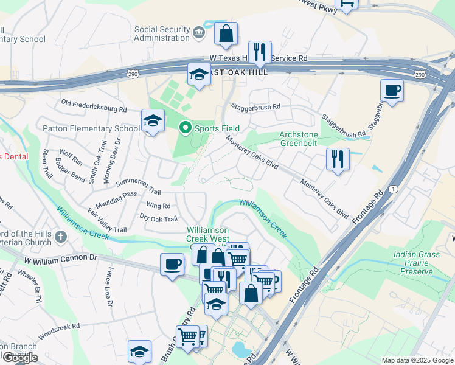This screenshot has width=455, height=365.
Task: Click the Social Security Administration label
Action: pyautogui.click(x=162, y=33)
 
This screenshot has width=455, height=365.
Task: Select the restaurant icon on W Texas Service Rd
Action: pyautogui.click(x=260, y=52)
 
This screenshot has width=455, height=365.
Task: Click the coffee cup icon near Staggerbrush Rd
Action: pyautogui.click(x=392, y=91)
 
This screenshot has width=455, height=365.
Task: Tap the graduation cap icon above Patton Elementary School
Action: pyautogui.click(x=153, y=120)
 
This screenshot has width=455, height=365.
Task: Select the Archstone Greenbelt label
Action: pyautogui.click(x=299, y=139)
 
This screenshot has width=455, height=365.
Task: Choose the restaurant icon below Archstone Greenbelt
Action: pyautogui.click(x=338, y=159)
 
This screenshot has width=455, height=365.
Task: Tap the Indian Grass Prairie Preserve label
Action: pyautogui.click(x=416, y=263)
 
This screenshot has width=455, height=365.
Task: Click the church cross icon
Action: pyautogui.click(x=60, y=236)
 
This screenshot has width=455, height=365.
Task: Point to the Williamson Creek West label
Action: pyautogui.click(x=207, y=235)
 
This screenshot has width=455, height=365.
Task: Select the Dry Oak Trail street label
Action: pyautogui.click(x=158, y=219)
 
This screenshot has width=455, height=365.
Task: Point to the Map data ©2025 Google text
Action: pyautogui.click(x=417, y=360)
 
